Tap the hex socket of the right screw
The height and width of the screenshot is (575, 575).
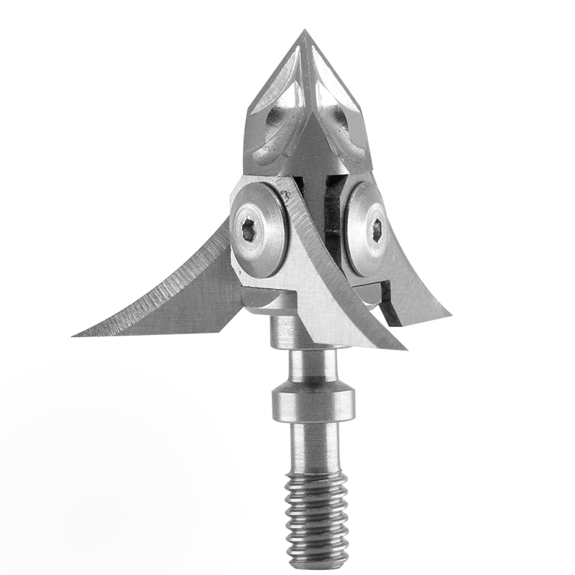pyautogui.click(x=377, y=231)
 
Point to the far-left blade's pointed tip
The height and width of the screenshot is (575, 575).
pyautogui.click(x=75, y=334)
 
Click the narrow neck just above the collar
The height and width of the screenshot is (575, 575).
pyautogui.click(x=310, y=367)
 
